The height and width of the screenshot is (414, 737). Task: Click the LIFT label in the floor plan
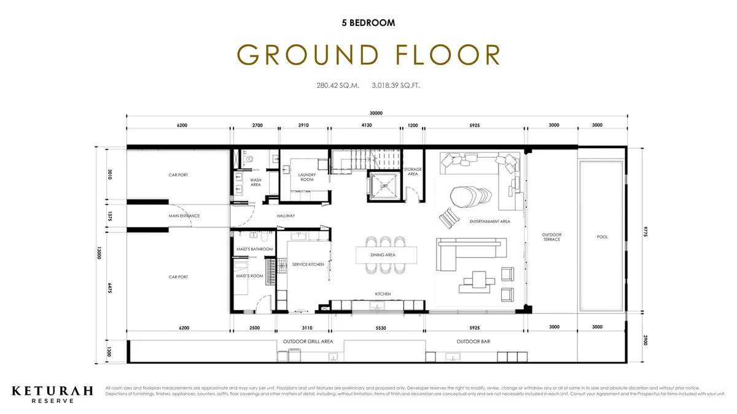click(x=384, y=185)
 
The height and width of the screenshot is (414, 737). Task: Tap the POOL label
click(x=602, y=236)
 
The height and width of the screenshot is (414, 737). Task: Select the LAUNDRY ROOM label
click(x=306, y=178)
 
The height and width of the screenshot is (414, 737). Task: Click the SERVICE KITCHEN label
click(x=308, y=265)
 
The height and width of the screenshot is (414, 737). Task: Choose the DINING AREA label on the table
click(x=383, y=254)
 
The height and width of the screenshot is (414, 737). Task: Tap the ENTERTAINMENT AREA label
click(x=489, y=221)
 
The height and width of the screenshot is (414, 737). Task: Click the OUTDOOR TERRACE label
click(x=552, y=236)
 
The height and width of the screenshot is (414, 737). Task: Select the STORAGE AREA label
click(x=413, y=171)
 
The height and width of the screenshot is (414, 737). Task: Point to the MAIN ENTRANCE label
click(x=184, y=216)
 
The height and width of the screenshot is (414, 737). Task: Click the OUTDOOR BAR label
click(x=472, y=342)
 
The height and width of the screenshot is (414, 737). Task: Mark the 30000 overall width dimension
click(x=376, y=113)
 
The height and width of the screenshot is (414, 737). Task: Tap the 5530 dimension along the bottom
click(x=380, y=327)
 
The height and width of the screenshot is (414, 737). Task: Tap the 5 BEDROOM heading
click(x=368, y=23)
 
